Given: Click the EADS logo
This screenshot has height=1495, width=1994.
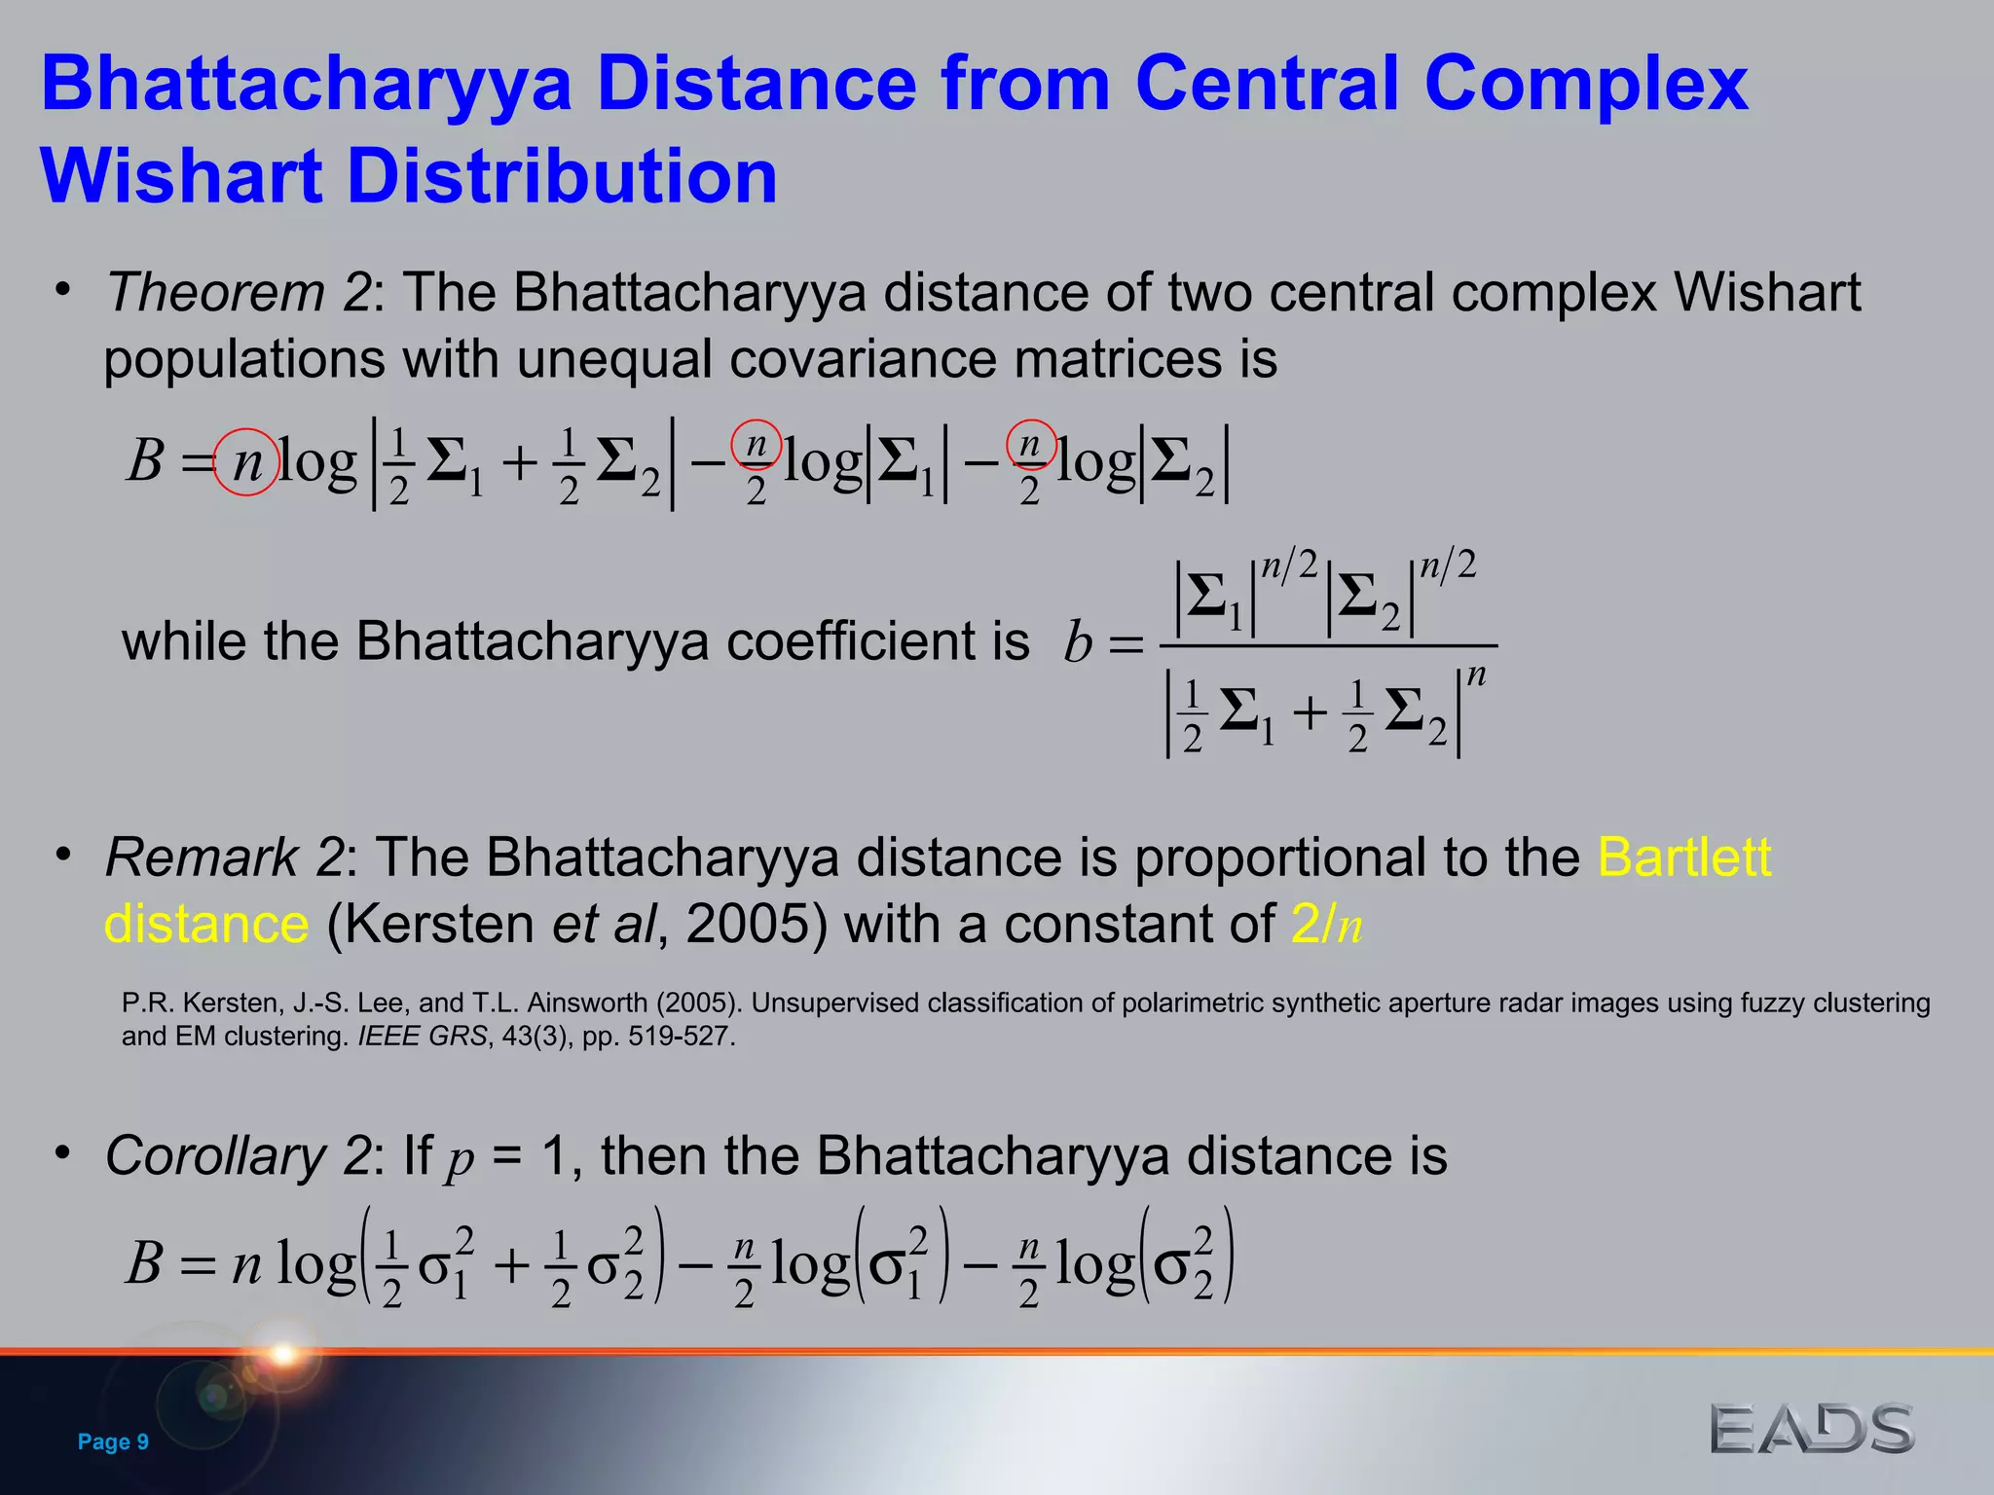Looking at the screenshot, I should [x=1811, y=1429].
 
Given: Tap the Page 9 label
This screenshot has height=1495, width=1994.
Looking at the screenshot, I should [x=113, y=1441].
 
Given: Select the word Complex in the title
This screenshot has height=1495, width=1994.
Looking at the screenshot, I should [x=1586, y=84].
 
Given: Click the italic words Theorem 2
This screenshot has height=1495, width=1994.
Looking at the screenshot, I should [x=239, y=292].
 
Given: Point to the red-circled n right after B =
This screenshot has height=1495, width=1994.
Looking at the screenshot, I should [x=247, y=462].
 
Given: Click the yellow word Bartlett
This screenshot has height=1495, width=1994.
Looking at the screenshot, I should [x=1684, y=857].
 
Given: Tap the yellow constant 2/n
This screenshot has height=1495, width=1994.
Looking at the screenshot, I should [x=1326, y=924].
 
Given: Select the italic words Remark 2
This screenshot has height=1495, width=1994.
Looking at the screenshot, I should [x=224, y=857].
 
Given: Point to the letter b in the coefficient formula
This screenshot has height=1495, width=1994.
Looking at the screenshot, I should [x=1077, y=643].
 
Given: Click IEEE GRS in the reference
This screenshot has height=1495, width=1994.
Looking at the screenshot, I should [x=422, y=1037].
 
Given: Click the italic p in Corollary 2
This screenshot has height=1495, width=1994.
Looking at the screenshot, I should [x=461, y=1159].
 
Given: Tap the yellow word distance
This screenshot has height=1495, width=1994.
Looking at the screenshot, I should [x=206, y=924].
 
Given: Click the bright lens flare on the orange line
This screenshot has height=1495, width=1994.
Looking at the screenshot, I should [x=283, y=1353].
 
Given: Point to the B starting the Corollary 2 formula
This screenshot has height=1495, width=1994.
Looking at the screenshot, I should [x=144, y=1264].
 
